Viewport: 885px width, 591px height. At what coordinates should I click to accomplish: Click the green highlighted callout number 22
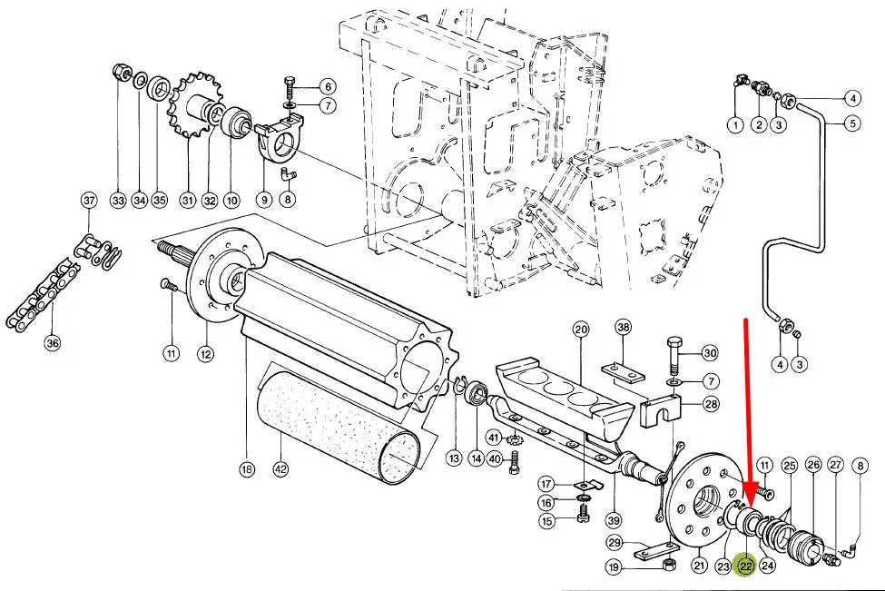pos(745,566)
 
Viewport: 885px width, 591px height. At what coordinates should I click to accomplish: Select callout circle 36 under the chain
pos(52,343)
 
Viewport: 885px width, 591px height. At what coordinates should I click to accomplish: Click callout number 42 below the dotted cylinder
pos(280,468)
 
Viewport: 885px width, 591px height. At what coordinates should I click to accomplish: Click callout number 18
pos(247,468)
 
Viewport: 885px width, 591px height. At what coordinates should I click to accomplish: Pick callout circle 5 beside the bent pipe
pos(853,123)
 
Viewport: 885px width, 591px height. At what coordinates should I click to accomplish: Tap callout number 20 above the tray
pos(580,330)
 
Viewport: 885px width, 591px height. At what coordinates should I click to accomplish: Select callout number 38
pos(623,327)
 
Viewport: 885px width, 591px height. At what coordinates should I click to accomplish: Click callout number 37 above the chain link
pos(89,201)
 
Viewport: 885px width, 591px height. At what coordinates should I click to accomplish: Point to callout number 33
pos(118,200)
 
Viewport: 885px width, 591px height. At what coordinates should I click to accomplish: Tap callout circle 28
pos(711,404)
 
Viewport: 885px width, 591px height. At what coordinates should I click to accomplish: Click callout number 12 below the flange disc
pos(205,354)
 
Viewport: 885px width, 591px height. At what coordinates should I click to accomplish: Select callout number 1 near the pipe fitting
pos(735,124)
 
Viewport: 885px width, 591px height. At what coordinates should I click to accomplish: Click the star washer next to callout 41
pos(514,438)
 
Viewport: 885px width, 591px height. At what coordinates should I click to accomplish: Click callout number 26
pos(812,465)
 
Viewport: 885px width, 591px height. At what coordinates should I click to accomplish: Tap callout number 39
pos(614,520)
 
